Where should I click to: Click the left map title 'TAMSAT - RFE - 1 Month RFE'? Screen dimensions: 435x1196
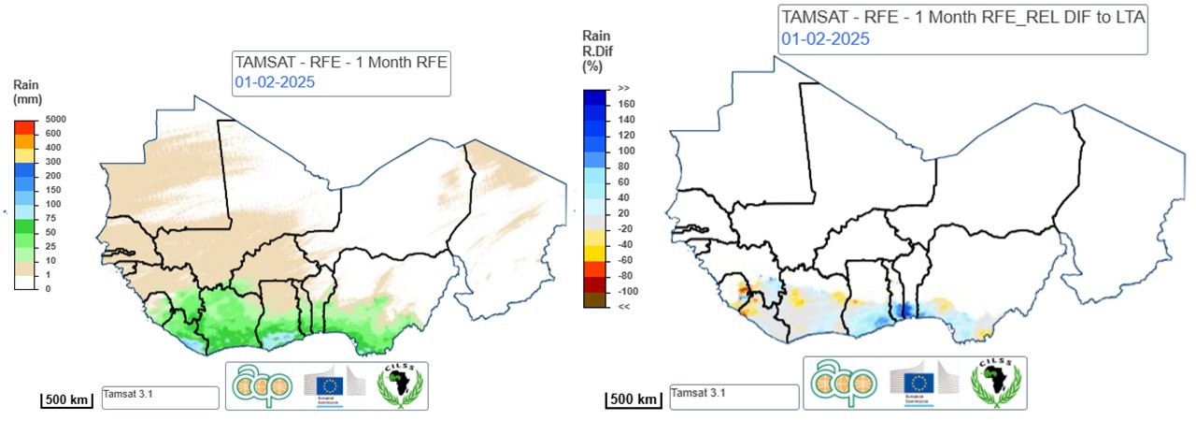(342, 64)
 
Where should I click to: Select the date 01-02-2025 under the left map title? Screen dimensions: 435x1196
(274, 81)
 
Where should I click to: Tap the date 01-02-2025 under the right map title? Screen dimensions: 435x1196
(825, 38)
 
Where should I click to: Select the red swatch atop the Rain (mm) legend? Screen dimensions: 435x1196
(25, 126)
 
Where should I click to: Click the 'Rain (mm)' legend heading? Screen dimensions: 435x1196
(28, 92)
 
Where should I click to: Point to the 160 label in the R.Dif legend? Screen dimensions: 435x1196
(626, 104)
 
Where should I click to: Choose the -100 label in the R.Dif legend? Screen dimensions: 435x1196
(628, 291)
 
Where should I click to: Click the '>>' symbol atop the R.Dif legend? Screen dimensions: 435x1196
(624, 88)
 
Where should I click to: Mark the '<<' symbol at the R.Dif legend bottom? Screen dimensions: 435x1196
(624, 306)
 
